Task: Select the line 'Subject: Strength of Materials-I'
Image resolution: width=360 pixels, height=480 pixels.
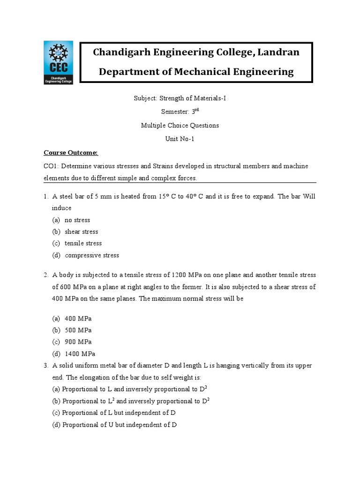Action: tap(180, 98)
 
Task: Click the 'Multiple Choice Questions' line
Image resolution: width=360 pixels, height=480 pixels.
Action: tap(180, 126)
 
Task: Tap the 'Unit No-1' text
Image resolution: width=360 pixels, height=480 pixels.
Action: tap(180, 139)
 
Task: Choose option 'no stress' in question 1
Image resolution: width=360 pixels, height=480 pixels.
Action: tap(77, 220)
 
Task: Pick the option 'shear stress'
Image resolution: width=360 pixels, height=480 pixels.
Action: tap(82, 232)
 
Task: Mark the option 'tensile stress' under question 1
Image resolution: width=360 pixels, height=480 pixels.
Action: tap(83, 243)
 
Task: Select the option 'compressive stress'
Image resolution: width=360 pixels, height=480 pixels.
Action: tap(92, 255)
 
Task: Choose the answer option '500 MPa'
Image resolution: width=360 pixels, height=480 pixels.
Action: tap(78, 330)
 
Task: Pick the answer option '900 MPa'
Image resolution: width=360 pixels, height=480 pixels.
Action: tap(78, 342)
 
